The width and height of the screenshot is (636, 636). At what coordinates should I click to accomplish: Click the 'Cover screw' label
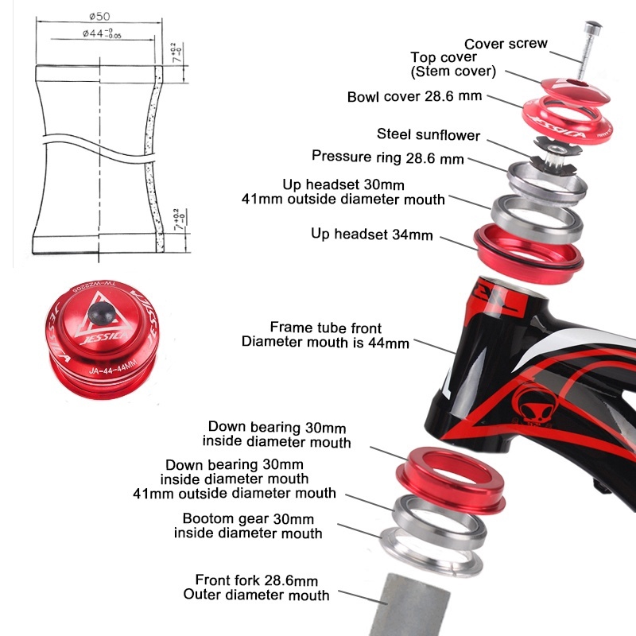coord(506,44)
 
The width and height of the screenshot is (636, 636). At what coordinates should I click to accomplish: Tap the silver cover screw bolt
coord(588,51)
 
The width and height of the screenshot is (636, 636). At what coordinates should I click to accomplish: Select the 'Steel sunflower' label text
coord(429,134)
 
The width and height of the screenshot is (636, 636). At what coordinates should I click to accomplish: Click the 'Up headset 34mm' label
coord(371,234)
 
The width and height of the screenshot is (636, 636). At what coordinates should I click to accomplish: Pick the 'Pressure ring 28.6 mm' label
coord(388,157)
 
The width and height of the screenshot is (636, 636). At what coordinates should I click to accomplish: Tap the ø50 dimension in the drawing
coord(99,16)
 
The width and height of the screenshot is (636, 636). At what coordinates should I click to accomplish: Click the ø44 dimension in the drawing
coord(102,33)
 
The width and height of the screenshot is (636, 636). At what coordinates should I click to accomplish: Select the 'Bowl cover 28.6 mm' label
coord(414,96)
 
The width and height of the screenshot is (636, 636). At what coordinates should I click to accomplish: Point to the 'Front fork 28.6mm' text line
coord(256,580)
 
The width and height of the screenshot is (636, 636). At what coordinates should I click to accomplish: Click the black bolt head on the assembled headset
coord(102,313)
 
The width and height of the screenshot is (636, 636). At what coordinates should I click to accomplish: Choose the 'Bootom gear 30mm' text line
coord(248,518)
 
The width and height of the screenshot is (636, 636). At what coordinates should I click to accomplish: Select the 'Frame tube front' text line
coord(326,328)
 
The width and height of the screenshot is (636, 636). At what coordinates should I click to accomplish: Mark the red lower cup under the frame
coord(450,480)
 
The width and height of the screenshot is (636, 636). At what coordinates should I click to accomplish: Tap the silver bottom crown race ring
coord(432,552)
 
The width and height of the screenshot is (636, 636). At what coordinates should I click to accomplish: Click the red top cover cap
coord(576,90)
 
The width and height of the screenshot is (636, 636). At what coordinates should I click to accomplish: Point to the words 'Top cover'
coord(444,56)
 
